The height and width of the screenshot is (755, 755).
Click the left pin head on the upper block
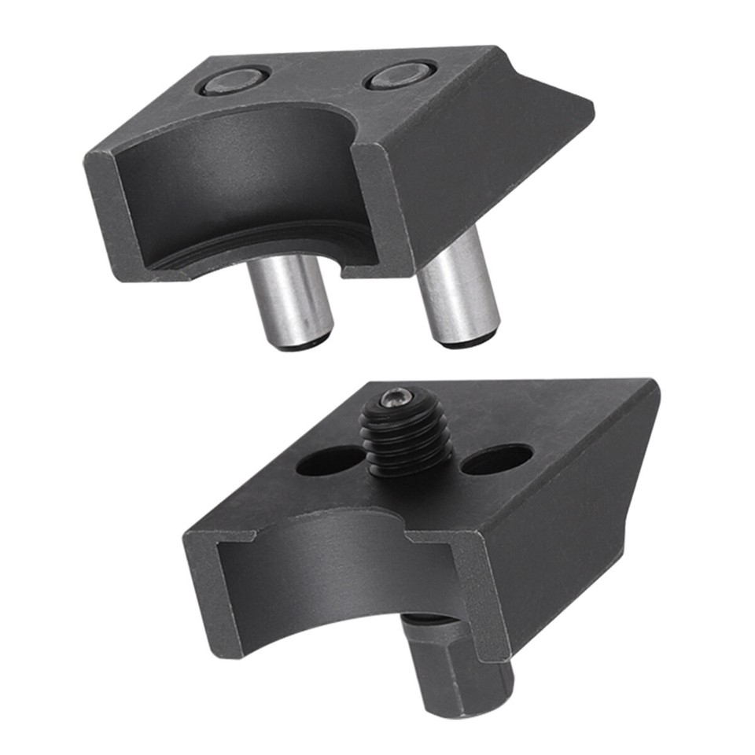[234, 79]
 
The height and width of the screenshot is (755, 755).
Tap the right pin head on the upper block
[401, 75]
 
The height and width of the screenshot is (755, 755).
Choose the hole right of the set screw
[496, 459]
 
